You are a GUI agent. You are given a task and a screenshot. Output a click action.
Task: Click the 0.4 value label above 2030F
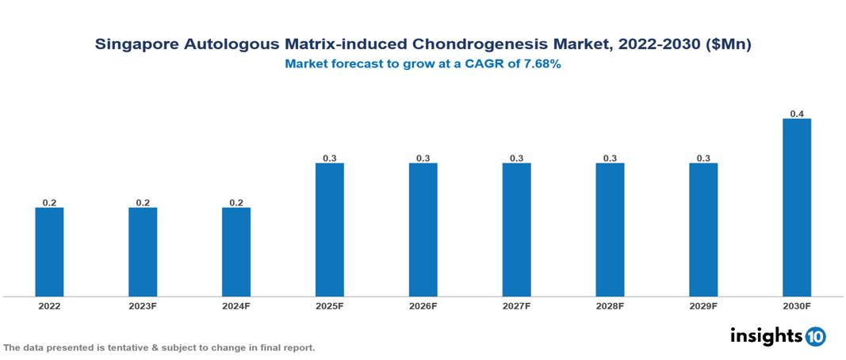(x=797, y=114)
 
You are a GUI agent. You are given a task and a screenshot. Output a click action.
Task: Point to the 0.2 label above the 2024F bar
(x=236, y=203)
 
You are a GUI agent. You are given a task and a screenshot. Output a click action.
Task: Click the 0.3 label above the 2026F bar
(x=423, y=159)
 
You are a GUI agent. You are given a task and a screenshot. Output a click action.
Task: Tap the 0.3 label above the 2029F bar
(x=703, y=159)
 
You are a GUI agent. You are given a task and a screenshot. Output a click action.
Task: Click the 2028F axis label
(x=610, y=306)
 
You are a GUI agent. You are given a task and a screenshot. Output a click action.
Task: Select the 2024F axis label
(x=236, y=306)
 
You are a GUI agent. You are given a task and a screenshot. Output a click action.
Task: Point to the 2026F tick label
(x=423, y=306)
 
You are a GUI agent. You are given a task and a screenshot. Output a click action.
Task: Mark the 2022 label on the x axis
(x=49, y=306)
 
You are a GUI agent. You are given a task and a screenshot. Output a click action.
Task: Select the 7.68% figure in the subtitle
(x=541, y=65)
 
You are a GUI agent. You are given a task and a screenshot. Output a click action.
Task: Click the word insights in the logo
(x=765, y=335)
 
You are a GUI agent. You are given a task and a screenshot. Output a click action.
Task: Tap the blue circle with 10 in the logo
(x=815, y=336)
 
